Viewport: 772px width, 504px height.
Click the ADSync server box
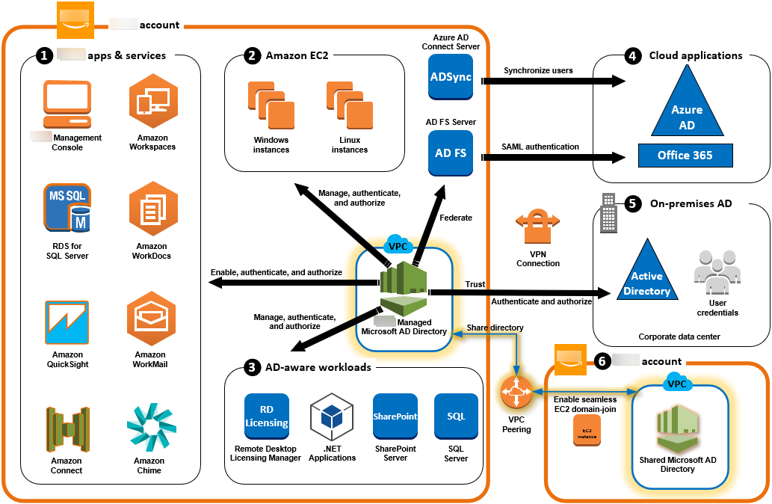(451, 78)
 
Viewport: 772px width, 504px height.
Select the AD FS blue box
(451, 153)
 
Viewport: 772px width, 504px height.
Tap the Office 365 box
(685, 156)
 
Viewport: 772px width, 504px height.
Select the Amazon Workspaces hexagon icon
(152, 105)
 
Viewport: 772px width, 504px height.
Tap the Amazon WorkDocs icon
(152, 213)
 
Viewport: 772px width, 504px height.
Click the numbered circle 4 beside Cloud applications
(633, 55)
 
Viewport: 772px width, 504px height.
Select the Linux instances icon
(348, 106)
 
